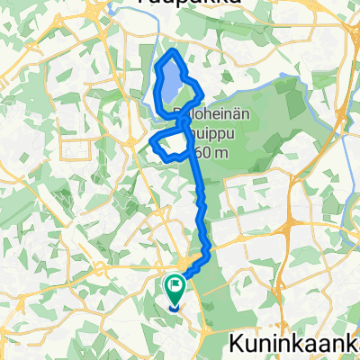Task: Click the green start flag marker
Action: (x=173, y=289)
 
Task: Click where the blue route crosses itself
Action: (x=185, y=120)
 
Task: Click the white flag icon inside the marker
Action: (x=173, y=287)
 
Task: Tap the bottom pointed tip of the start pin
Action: (x=173, y=307)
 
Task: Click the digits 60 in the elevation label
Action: (x=202, y=152)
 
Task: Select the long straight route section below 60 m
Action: (x=199, y=193)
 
